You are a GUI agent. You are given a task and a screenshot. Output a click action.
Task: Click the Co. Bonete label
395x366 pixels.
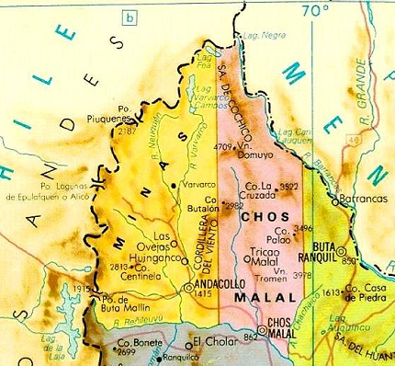click(x=135, y=342)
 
